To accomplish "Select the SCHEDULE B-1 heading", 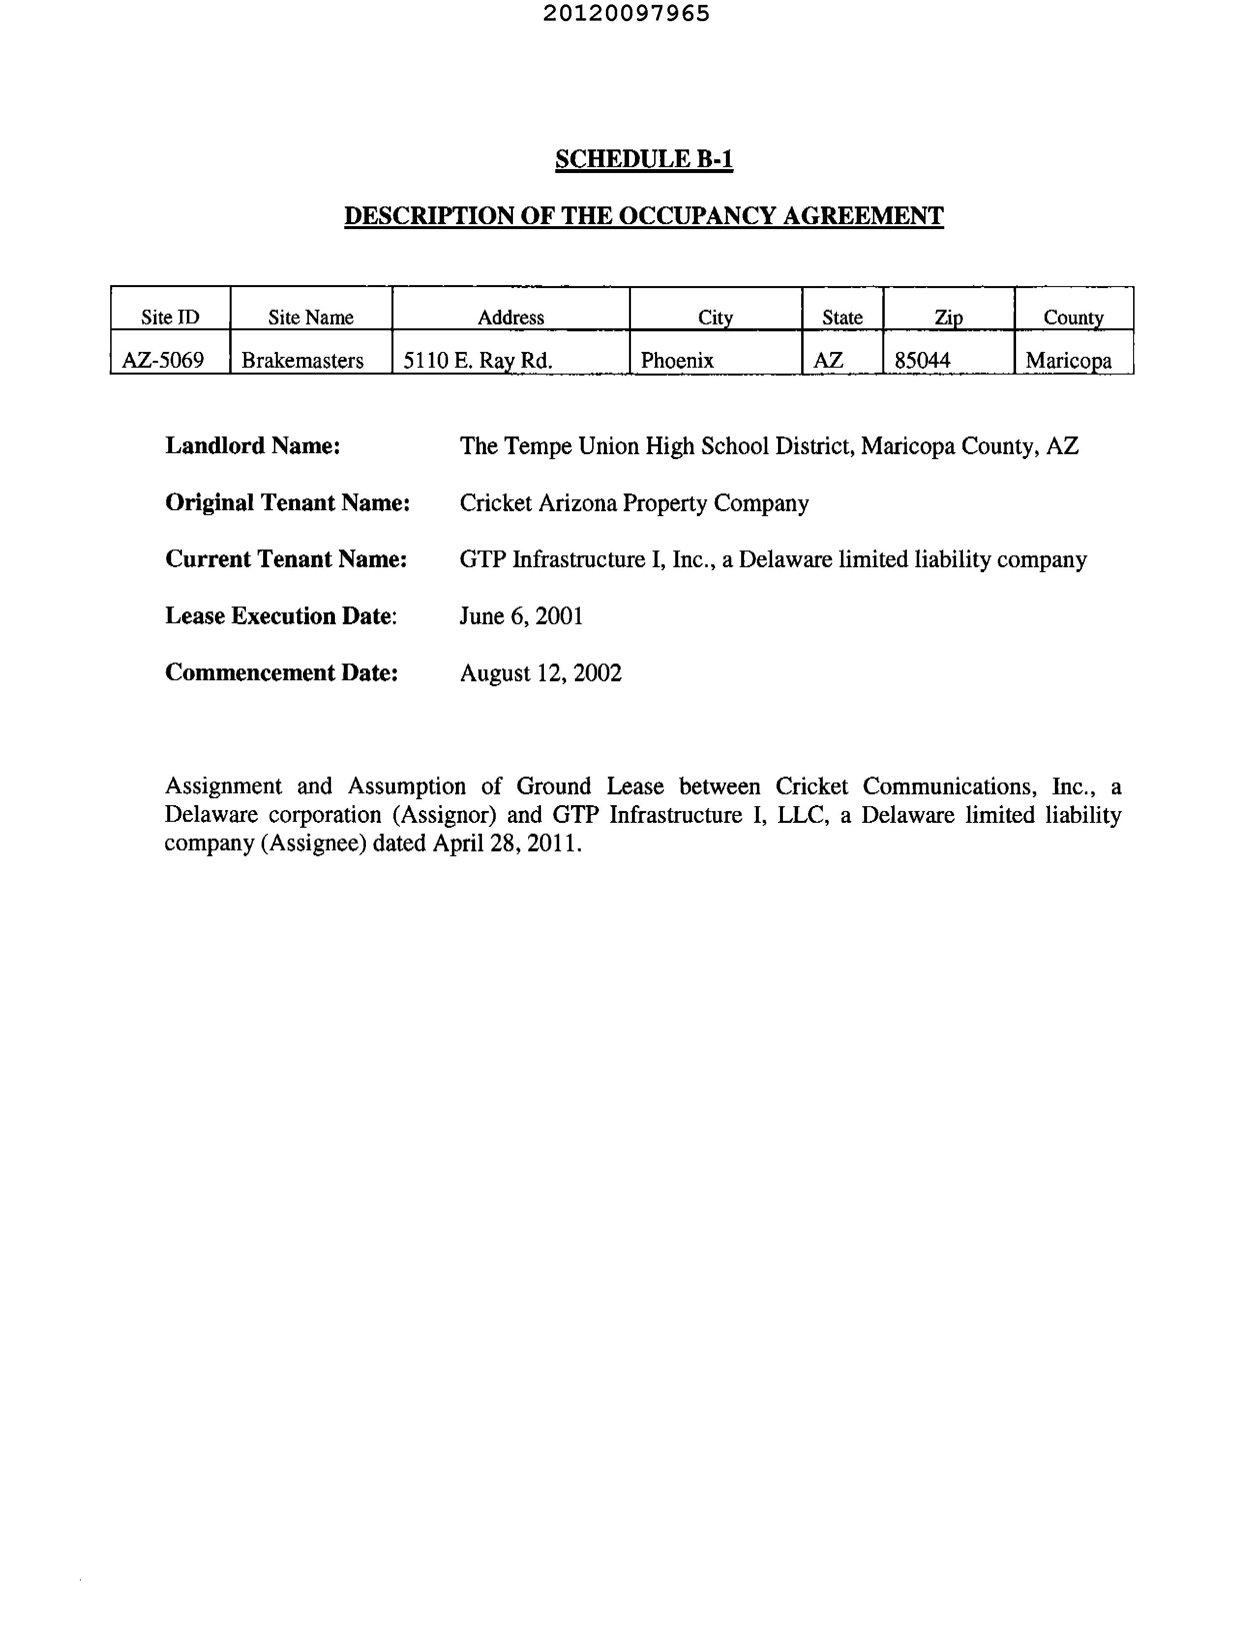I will [x=644, y=160].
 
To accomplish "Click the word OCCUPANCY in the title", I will [x=696, y=216].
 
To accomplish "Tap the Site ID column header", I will [x=170, y=318].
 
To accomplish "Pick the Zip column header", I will [x=949, y=318].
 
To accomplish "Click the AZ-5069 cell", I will [x=163, y=361].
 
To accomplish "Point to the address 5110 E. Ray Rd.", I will [x=478, y=361].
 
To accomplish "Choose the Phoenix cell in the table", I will [x=677, y=361].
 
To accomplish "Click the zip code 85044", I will [x=923, y=361].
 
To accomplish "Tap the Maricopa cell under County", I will [x=1068, y=361].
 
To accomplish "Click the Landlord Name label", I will [x=253, y=446].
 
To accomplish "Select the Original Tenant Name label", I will [x=288, y=503].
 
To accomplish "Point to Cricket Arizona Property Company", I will [x=634, y=503].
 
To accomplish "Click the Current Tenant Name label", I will [x=286, y=559].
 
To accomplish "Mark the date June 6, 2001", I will [x=521, y=616].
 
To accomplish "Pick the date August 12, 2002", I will [x=541, y=673].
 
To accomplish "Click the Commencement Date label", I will [x=281, y=673].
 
